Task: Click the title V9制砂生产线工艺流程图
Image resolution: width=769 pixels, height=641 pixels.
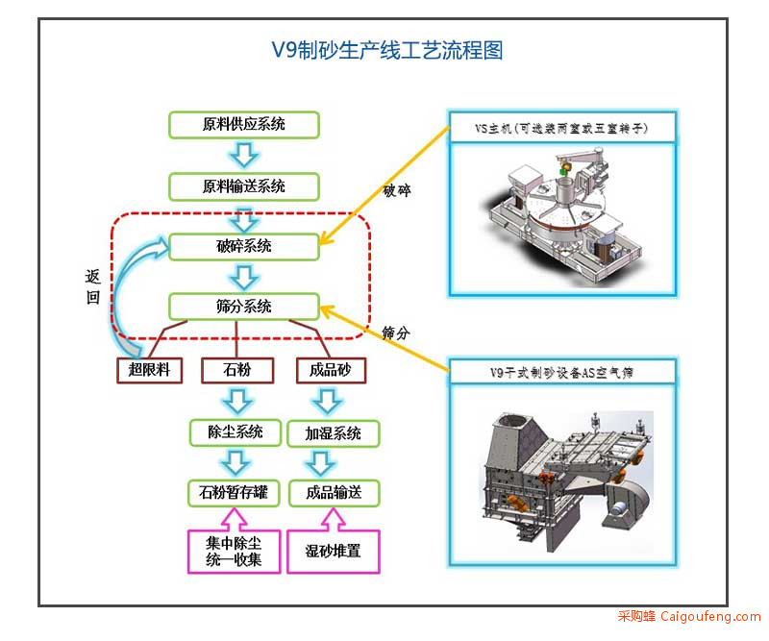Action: coord(387,51)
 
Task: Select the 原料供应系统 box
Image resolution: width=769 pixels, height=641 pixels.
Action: coord(244,125)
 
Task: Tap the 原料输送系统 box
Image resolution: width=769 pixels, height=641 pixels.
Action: coord(244,186)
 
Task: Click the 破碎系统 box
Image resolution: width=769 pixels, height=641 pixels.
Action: coord(244,246)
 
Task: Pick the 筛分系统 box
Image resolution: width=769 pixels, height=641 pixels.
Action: coord(244,307)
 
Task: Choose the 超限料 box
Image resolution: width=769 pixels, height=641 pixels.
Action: coord(150,370)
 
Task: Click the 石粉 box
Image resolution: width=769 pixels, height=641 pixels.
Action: coord(237,370)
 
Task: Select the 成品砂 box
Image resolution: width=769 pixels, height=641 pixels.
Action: coord(331,370)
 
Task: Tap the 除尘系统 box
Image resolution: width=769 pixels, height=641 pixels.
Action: coord(236,432)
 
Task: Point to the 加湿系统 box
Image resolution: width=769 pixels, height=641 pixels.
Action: coord(334,433)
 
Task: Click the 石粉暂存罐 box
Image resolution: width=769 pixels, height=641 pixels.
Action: coord(234,493)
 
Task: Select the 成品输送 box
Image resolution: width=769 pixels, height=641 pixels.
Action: coord(334,493)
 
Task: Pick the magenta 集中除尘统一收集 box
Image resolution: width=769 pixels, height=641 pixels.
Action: coord(234,551)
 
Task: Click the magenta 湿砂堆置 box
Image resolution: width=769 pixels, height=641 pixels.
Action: coord(334,552)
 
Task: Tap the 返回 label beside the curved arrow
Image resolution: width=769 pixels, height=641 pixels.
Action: coord(92,287)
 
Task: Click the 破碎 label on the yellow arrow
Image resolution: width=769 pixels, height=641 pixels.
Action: coord(397,190)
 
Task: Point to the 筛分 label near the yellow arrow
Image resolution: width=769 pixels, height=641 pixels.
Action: coord(396,333)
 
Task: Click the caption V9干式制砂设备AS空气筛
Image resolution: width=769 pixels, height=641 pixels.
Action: coord(561,373)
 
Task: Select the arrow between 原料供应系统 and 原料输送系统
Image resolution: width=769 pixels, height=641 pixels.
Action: coord(244,156)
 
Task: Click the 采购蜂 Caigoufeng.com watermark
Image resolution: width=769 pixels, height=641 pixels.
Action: coord(689,616)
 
